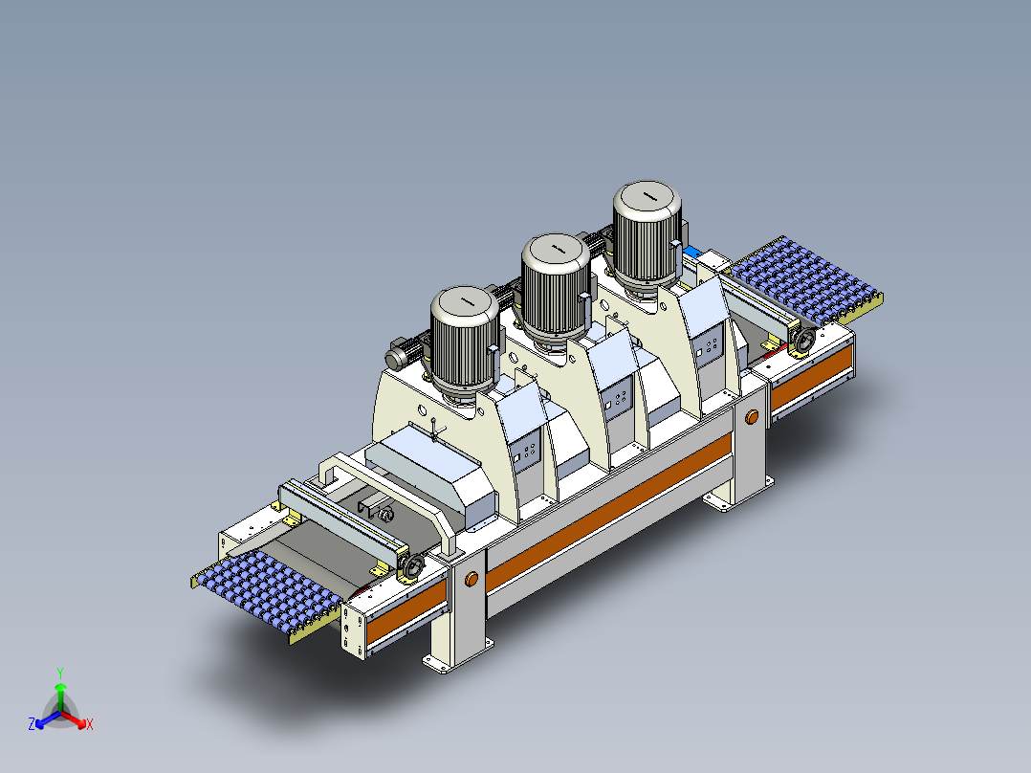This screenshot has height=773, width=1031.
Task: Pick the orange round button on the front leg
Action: (x=471, y=580)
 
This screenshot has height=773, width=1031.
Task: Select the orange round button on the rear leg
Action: (x=752, y=417)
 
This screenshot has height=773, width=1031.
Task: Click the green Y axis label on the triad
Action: (x=59, y=672)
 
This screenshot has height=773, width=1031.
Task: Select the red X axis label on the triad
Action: (x=90, y=724)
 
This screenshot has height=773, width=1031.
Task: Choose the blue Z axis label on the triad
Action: (x=32, y=724)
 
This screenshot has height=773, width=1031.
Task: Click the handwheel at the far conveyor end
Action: (x=802, y=339)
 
